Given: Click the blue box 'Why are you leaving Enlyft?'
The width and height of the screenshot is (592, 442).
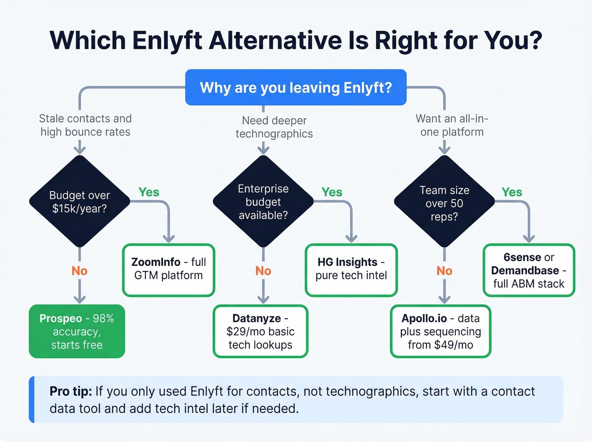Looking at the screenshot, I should point(296,88).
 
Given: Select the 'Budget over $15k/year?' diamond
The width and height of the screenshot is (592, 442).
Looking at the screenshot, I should point(79,201).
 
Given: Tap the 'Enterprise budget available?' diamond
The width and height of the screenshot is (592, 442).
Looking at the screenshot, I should point(263,201).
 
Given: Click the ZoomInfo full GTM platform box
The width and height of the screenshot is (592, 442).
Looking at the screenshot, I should point(169,269).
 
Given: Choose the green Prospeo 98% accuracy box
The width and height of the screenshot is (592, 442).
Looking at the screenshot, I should point(77,331).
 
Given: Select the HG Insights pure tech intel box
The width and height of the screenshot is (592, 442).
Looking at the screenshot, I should point(351,269).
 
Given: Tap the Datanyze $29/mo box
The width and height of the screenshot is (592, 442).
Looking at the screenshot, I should point(260,331).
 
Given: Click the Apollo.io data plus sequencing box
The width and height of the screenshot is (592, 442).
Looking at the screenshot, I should point(440,331).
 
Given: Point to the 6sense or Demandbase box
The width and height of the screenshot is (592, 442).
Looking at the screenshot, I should point(529,270).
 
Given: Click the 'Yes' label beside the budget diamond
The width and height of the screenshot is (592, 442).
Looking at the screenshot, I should point(149,192).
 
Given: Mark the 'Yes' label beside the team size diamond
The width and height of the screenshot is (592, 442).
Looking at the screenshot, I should point(512,192).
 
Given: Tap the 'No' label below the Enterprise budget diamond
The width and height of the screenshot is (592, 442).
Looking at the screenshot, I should point(263,271).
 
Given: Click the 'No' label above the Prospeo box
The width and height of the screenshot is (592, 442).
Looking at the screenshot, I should point(79,271).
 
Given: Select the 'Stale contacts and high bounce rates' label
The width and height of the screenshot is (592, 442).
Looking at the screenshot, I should point(85,125).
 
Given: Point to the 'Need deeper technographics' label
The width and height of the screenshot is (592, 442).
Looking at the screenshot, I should point(274,127).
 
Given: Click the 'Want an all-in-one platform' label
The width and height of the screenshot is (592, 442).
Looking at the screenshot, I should point(452,125).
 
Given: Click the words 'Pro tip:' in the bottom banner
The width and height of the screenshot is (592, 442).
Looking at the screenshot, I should point(71,391).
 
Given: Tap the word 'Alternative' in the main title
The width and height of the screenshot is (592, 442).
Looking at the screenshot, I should point(275,41).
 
